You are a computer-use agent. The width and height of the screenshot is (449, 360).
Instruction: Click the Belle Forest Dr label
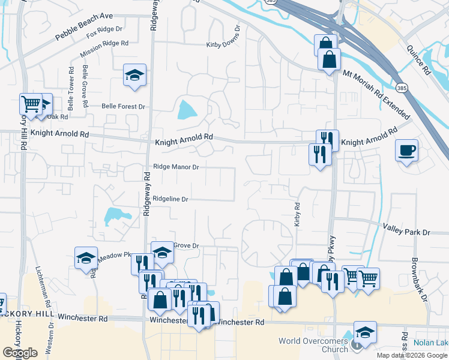point(124,106)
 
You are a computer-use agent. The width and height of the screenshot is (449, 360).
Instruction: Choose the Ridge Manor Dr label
point(176,167)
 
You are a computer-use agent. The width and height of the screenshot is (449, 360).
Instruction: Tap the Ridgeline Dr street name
point(170,199)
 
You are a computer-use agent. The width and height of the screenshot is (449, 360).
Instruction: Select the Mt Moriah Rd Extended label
point(376,94)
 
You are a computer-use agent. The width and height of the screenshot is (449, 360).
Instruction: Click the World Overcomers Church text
point(313,345)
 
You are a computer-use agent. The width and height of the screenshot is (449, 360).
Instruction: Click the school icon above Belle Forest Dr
point(134,74)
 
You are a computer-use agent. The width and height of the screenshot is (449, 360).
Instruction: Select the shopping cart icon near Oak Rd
point(31,103)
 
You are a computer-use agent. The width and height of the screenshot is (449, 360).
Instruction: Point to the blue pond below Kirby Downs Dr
point(187,109)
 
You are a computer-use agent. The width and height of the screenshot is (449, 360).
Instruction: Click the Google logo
point(19,353)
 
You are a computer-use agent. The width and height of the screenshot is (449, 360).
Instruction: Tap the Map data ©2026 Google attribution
point(411,355)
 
